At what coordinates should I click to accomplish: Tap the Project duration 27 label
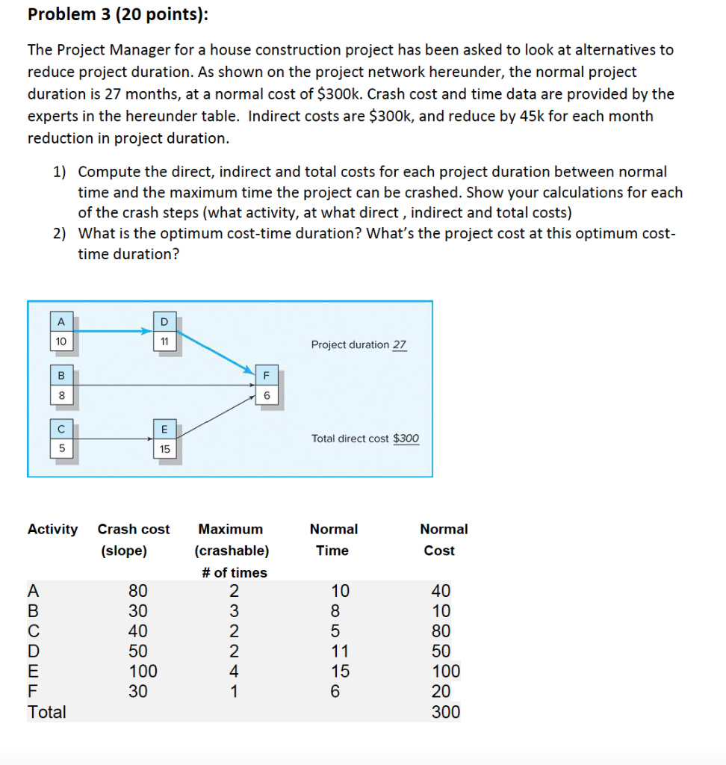[x=359, y=345]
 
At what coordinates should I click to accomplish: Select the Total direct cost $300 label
[x=365, y=439]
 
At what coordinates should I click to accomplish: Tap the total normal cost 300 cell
[x=446, y=711]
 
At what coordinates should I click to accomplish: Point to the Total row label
[x=46, y=712]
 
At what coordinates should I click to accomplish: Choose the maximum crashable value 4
[x=233, y=671]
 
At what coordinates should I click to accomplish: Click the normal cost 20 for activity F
[x=442, y=691]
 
